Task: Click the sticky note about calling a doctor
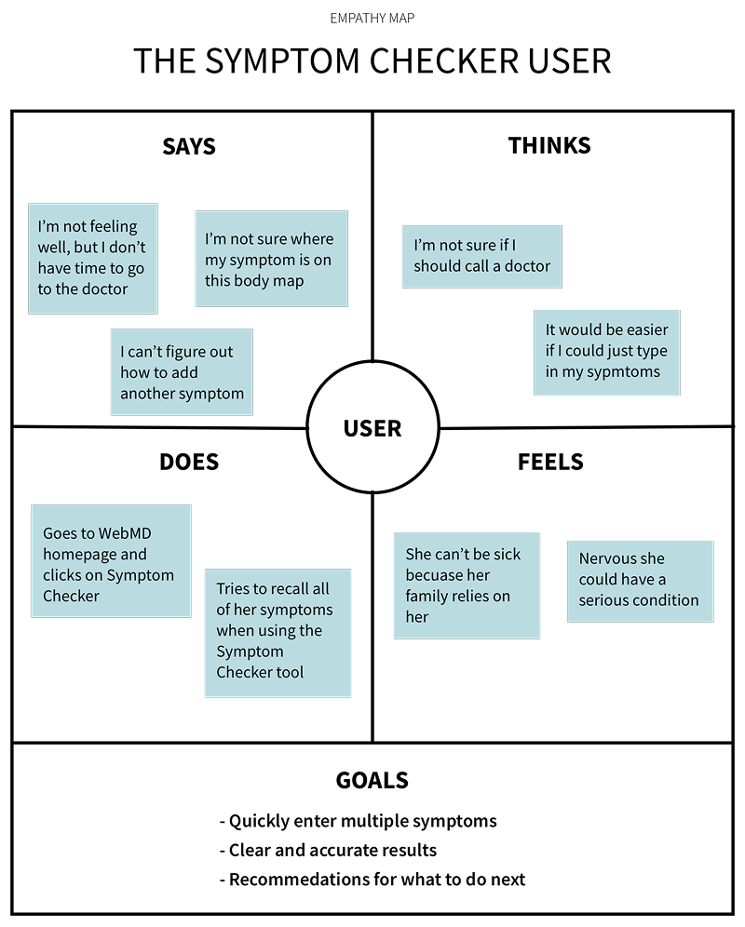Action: coord(481,256)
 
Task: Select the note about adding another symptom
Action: coord(182,371)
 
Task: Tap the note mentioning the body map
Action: coord(271,259)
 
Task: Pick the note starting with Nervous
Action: coord(640,581)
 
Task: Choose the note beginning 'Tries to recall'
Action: coord(278,633)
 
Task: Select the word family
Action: coord(428,596)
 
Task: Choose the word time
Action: coord(101,268)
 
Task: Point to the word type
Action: coord(651,351)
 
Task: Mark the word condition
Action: coord(666,600)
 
